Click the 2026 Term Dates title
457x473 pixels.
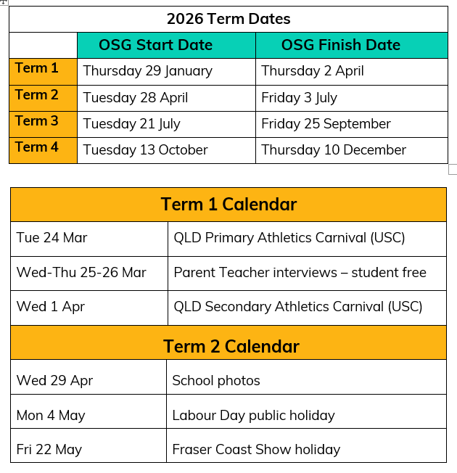click(x=228, y=19)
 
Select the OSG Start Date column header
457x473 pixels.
click(x=156, y=45)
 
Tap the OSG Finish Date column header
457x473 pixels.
click(x=340, y=45)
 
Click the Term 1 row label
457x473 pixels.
click(x=36, y=68)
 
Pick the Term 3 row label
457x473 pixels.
click(x=36, y=121)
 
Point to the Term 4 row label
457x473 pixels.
click(x=36, y=147)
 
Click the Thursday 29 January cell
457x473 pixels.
click(x=148, y=72)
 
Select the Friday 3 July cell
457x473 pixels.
click(x=299, y=98)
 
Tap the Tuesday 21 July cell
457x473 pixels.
click(x=131, y=124)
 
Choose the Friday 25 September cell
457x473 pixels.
click(x=326, y=124)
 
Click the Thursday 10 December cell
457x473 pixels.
click(x=334, y=150)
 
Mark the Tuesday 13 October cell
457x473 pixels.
click(x=145, y=150)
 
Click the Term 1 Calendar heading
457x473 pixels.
click(x=228, y=205)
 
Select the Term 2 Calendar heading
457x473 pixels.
click(x=231, y=346)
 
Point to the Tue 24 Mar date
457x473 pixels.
click(x=52, y=238)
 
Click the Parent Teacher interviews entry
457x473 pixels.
click(x=300, y=272)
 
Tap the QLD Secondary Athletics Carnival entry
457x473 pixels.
click(x=297, y=307)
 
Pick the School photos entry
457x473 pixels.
click(x=216, y=381)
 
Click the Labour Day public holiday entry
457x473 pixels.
click(x=253, y=416)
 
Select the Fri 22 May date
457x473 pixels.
click(x=49, y=450)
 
